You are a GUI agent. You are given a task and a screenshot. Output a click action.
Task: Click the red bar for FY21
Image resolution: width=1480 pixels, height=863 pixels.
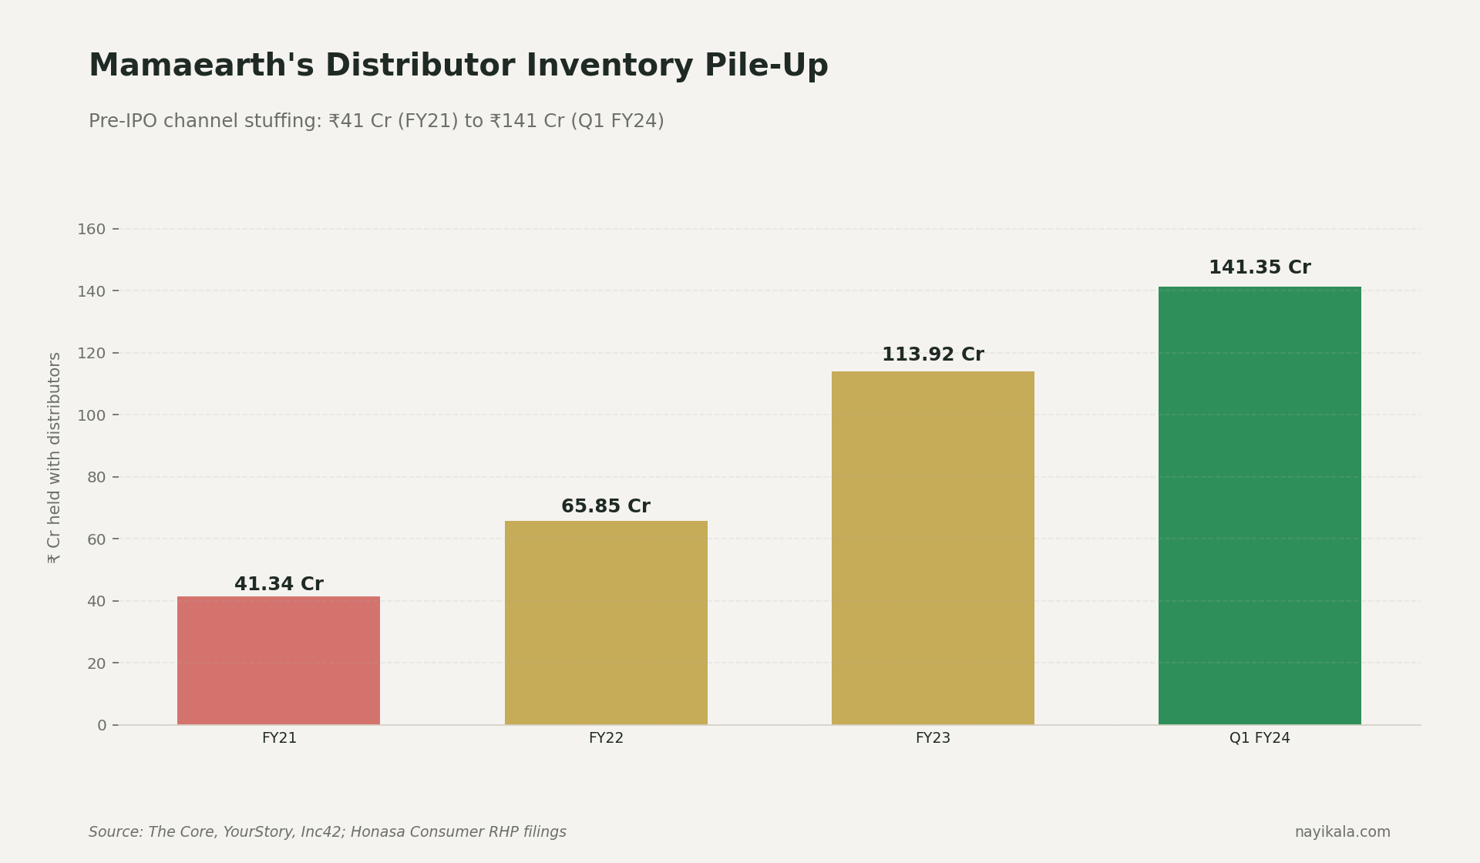(278, 660)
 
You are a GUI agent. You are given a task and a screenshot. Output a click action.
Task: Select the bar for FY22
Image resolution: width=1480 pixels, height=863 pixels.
(606, 623)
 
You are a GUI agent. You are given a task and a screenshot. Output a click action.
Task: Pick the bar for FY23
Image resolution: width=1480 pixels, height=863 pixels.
(933, 548)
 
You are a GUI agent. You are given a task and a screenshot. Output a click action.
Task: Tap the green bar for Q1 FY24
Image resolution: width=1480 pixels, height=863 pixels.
(1260, 505)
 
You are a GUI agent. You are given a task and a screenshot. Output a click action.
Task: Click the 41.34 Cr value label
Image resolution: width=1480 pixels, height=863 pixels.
(278, 585)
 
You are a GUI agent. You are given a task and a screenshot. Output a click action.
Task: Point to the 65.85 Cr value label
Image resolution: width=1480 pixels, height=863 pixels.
(606, 507)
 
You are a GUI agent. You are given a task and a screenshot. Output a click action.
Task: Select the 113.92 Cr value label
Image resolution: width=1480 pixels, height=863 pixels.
(933, 355)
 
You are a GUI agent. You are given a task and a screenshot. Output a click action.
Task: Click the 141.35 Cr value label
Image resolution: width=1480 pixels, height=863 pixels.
(1260, 268)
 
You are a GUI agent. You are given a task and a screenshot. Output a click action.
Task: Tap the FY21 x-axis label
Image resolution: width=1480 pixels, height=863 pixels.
(278, 738)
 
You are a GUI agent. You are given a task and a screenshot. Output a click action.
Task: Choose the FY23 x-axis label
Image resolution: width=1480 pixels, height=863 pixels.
(933, 738)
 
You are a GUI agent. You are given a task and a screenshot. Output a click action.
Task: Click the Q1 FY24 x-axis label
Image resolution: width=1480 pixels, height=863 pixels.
(1260, 738)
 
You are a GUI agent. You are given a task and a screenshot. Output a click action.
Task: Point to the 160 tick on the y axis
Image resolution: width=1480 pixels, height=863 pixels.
(92, 230)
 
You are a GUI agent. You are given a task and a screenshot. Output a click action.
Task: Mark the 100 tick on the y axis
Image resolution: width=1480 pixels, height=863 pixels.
(92, 415)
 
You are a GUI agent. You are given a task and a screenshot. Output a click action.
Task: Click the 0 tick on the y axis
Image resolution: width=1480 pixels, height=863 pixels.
(102, 726)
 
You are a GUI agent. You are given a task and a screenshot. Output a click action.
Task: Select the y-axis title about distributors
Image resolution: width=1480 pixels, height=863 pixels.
(55, 458)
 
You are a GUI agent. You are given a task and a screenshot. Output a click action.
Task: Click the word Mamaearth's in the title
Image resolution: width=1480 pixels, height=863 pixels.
(201, 66)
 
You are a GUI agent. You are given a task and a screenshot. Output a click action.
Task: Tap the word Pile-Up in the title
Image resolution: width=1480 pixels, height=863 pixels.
(766, 66)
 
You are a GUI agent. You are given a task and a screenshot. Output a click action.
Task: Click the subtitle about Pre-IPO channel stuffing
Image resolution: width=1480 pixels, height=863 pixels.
(376, 122)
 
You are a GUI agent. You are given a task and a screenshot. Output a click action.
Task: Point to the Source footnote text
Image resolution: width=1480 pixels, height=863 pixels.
(328, 832)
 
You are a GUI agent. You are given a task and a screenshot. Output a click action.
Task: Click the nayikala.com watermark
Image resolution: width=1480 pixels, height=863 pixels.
(1342, 832)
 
